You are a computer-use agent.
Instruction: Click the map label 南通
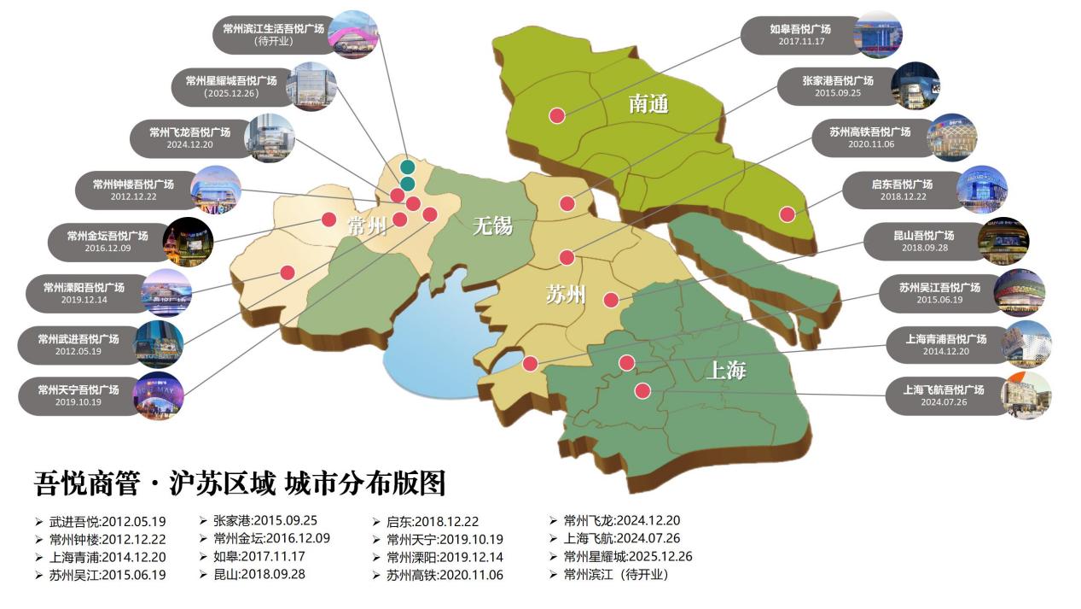(648, 104)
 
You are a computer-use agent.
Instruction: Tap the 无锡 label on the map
(492, 225)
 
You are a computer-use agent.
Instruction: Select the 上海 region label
(726, 371)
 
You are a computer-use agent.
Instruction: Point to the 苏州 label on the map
(566, 295)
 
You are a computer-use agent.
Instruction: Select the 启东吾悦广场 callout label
(901, 190)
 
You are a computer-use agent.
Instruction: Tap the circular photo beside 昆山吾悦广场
(1003, 241)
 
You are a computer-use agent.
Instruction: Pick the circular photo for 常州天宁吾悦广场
(158, 395)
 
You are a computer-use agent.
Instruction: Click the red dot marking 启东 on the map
(788, 214)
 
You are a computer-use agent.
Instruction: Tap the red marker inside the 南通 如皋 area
(556, 115)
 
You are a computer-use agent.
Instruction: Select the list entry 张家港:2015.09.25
(264, 520)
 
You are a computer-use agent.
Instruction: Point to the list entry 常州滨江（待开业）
(616, 575)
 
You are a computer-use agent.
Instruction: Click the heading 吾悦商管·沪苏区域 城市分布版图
(240, 483)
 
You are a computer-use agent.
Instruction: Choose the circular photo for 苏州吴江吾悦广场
(1019, 293)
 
